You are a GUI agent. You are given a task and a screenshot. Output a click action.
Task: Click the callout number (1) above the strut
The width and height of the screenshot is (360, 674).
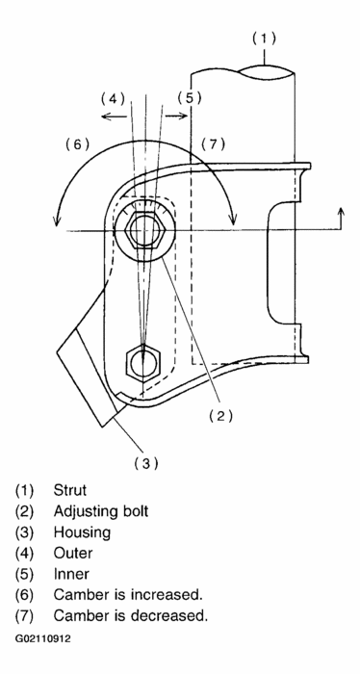(264, 39)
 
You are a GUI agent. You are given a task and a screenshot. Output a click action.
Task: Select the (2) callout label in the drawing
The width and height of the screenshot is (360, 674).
(220, 416)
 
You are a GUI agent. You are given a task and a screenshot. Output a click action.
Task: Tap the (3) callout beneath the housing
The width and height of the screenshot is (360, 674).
(146, 463)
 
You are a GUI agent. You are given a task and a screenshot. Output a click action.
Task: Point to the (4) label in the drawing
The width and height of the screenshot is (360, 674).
(113, 99)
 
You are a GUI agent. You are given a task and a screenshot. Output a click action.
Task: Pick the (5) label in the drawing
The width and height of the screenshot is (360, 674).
(190, 98)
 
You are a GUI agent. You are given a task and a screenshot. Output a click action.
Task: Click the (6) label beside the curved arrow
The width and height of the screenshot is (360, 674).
(77, 144)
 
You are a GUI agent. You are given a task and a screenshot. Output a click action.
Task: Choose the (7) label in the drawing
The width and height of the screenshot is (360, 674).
(213, 144)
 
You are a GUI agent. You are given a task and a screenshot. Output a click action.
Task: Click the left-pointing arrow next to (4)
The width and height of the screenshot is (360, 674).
(115, 117)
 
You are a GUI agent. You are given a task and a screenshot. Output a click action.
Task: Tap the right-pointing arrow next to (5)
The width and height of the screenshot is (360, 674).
(176, 116)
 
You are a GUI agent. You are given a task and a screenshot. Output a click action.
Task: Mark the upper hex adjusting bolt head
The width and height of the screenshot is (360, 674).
(144, 230)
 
